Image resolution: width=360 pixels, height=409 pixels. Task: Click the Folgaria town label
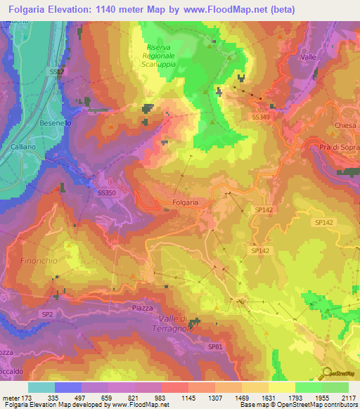(x=185, y=202)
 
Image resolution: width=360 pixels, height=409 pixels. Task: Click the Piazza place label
(x=122, y=307)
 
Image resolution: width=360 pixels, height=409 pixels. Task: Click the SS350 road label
(x=107, y=193)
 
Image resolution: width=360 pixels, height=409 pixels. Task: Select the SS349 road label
(x=259, y=117)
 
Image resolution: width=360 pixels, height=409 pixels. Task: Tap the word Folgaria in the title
(x=34, y=9)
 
